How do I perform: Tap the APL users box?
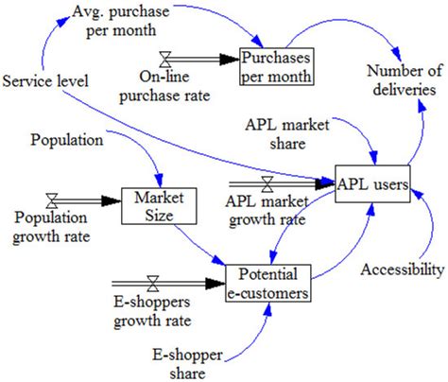point(374,184)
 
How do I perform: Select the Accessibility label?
point(401,271)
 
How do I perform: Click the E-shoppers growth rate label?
point(152,313)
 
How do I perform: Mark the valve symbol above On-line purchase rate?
point(167,58)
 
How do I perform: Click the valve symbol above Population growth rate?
point(51,200)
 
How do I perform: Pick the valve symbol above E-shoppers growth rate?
point(151,282)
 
